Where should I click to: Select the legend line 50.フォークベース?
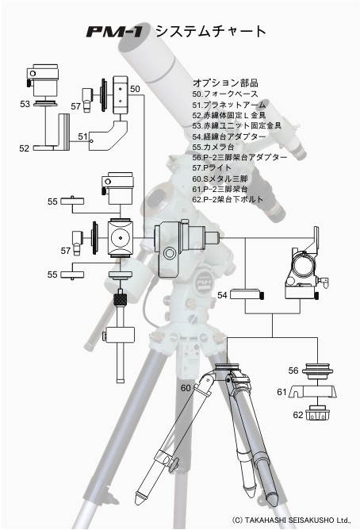[x=225, y=94]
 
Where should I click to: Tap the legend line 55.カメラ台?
[x=213, y=147]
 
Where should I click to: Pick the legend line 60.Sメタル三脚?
[x=220, y=179]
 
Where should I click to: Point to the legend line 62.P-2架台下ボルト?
[x=228, y=199]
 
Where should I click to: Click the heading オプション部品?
[x=225, y=83]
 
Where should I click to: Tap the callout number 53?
[x=25, y=104]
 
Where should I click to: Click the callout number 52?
[x=24, y=148]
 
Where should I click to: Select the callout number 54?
[x=222, y=295]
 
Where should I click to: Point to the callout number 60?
[x=186, y=388]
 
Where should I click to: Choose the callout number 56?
[x=293, y=371]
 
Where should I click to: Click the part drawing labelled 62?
[x=317, y=413]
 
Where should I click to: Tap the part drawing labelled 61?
[x=313, y=392]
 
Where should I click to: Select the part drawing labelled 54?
[x=247, y=294]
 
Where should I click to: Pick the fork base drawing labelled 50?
[x=121, y=95]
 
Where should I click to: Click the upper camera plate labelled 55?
[x=72, y=201]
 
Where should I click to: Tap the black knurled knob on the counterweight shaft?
[x=121, y=299]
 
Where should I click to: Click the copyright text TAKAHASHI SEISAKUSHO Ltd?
[x=298, y=520]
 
